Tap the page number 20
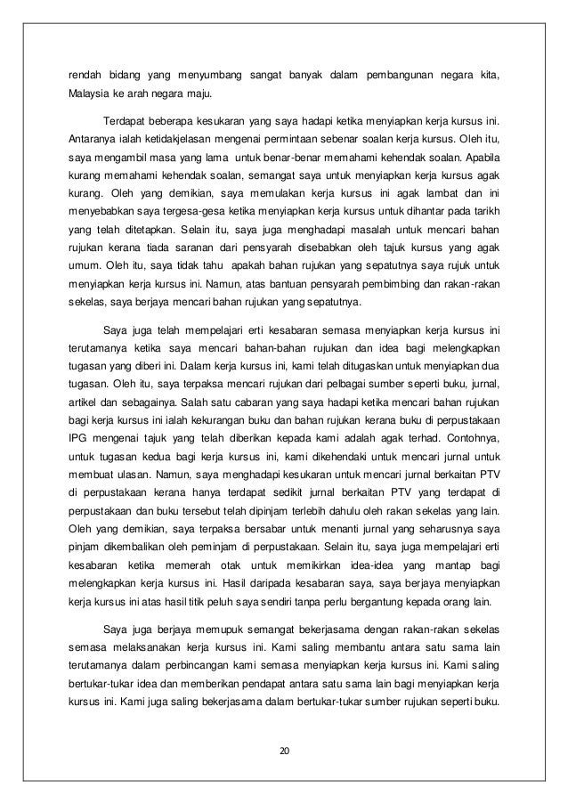[x=285, y=756]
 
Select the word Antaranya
[x=97, y=138]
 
